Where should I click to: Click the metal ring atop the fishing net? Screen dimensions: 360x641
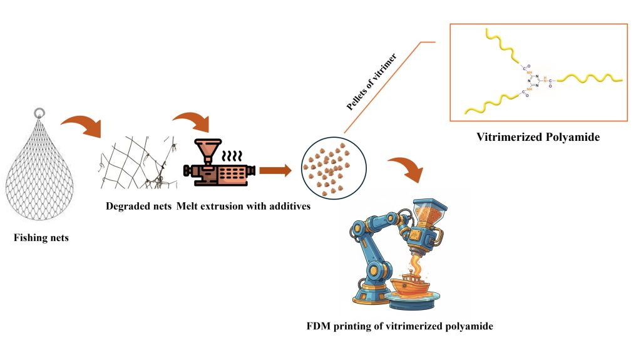pyautogui.click(x=39, y=113)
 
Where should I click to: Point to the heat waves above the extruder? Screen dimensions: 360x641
pyautogui.click(x=235, y=155)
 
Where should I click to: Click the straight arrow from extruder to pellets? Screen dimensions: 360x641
pyautogui.click(x=275, y=170)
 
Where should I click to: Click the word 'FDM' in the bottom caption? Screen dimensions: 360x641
pyautogui.click(x=315, y=326)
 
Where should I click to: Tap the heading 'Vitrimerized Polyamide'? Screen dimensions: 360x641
pyautogui.click(x=538, y=136)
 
